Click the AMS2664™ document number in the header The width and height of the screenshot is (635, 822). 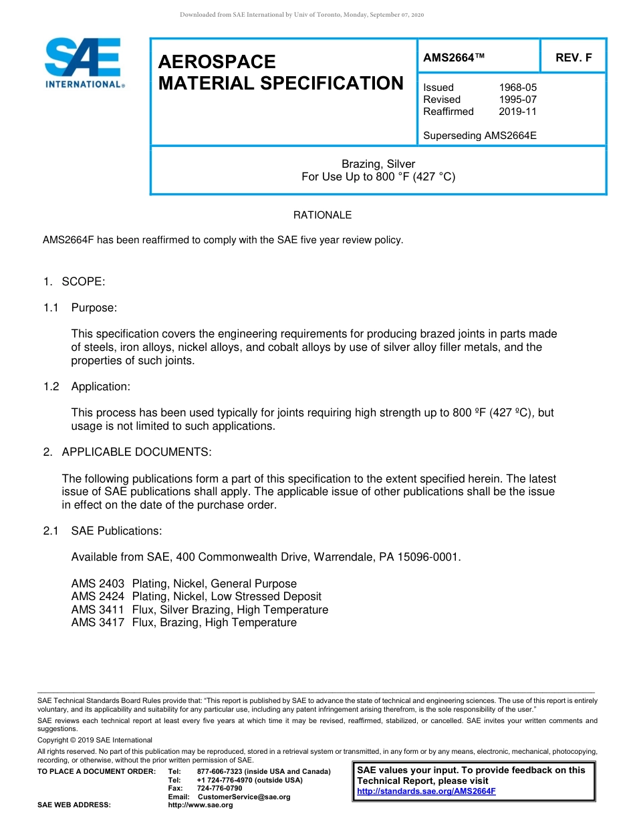[454, 58]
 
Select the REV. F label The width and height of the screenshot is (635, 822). [574, 58]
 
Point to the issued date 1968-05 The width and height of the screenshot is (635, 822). [517, 88]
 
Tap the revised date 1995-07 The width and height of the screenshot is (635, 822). [517, 100]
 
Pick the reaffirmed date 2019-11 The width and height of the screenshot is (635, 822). [517, 112]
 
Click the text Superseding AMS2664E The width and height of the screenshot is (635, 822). [479, 136]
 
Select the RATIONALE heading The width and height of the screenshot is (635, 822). [322, 215]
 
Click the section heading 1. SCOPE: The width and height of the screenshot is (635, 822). [74, 282]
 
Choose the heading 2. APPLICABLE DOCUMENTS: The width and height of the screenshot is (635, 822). [127, 452]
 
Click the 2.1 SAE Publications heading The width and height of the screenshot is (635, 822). [103, 531]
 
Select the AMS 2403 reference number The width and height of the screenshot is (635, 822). [98, 584]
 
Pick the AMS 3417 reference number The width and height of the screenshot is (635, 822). [98, 623]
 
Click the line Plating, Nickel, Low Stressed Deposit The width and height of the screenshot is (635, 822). [227, 597]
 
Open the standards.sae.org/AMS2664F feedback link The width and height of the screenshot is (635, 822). [426, 791]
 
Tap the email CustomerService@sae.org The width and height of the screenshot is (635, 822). [244, 797]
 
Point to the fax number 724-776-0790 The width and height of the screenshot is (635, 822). [219, 789]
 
